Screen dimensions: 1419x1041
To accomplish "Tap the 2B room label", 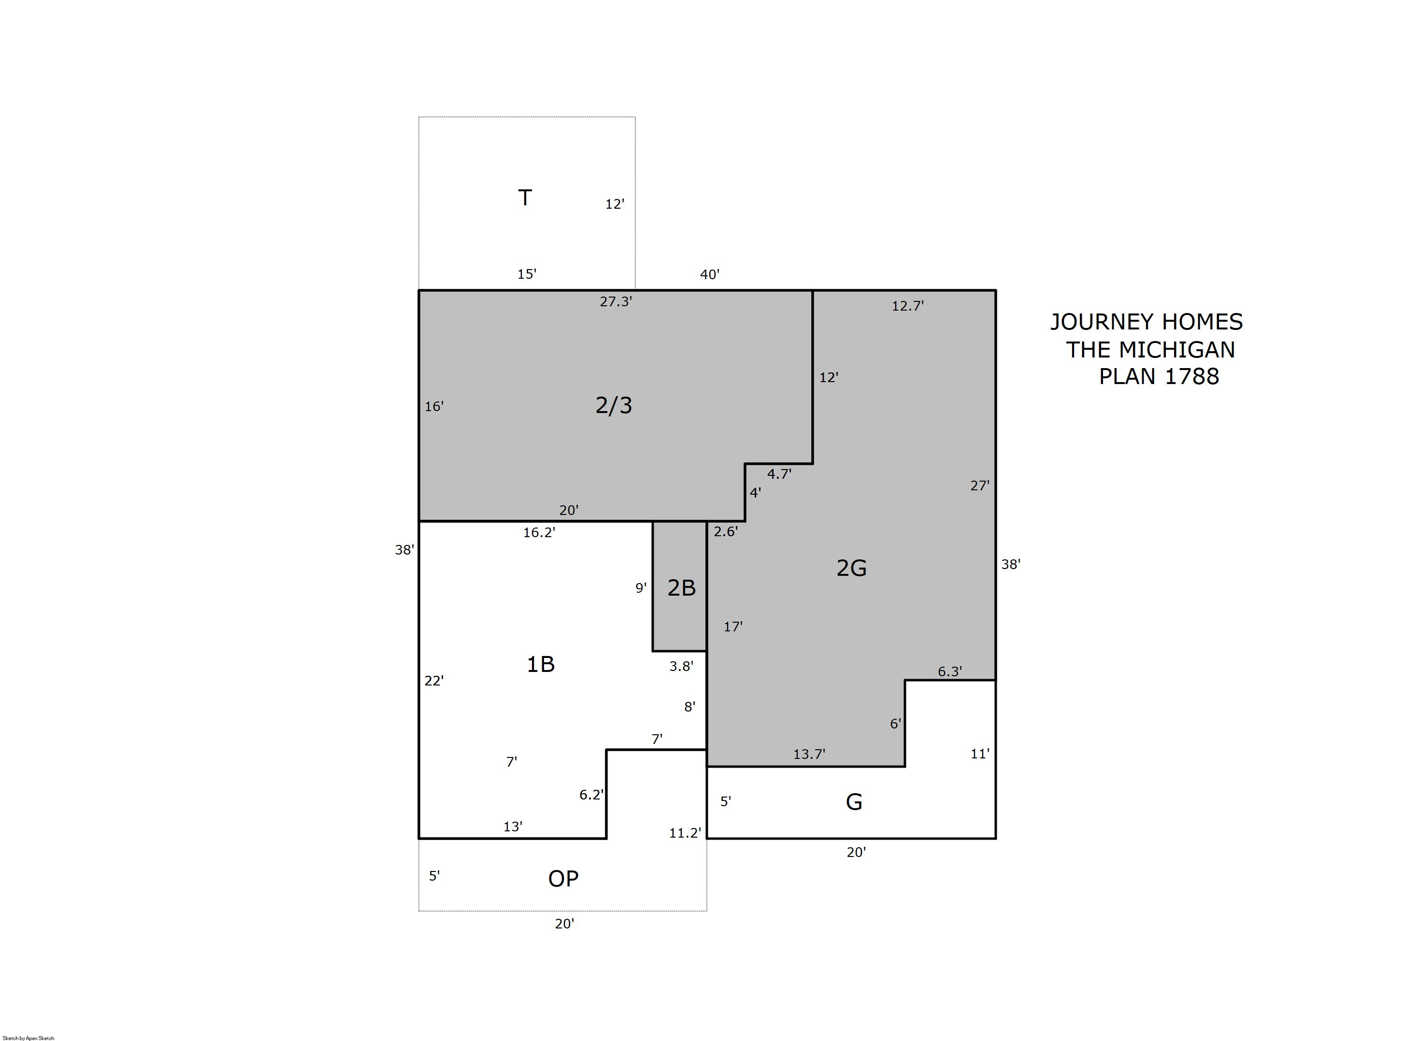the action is (681, 587).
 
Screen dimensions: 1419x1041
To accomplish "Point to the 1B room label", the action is (540, 664).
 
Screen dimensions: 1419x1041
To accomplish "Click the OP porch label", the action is (563, 878).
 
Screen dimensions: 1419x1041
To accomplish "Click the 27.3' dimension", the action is (616, 301).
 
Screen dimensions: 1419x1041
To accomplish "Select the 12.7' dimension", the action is (907, 306).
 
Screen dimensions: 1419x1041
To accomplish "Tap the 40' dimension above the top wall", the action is (709, 274).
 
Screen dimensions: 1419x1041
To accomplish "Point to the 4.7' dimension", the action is (779, 474).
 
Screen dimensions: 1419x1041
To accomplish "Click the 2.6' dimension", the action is (725, 531).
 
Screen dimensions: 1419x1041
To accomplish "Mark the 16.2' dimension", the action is (539, 532).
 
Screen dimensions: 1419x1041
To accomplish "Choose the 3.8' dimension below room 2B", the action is (681, 666).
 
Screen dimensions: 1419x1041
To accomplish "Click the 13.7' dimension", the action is (809, 754).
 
